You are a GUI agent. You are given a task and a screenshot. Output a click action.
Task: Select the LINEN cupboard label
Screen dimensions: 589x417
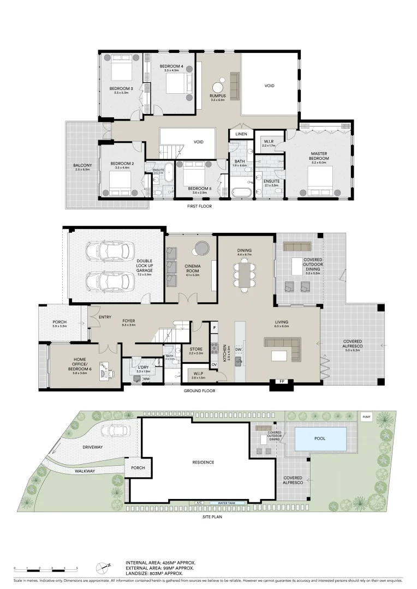[x=241, y=134]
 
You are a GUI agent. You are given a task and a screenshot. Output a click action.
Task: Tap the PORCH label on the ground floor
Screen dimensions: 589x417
[x=59, y=323]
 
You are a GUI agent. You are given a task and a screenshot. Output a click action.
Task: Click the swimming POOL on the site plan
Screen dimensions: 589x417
[x=320, y=438]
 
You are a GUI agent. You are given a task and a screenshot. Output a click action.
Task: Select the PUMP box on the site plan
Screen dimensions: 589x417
[x=365, y=417]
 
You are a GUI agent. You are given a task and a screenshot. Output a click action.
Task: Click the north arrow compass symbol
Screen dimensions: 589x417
[x=102, y=567]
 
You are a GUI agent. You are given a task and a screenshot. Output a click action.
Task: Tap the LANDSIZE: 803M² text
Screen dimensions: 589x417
[x=160, y=573]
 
